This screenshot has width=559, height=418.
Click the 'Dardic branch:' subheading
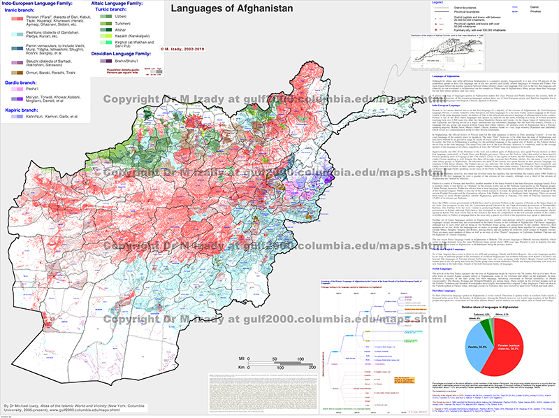coord(22,81)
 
